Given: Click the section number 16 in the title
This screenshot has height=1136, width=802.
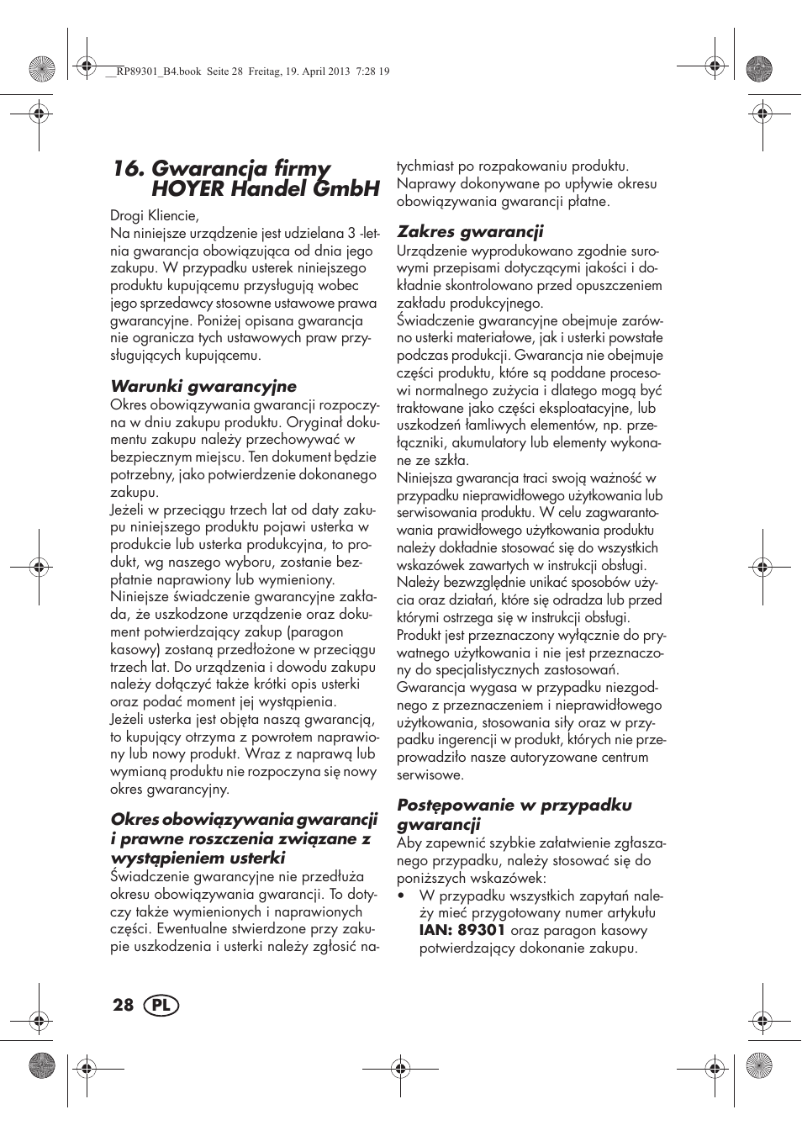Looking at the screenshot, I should coord(127,169).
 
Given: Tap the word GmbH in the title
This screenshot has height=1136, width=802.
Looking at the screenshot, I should coord(346,189).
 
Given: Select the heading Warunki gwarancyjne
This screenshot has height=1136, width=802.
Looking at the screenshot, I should coord(203,387).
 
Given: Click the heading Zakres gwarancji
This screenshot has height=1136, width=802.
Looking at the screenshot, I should coord(470,232).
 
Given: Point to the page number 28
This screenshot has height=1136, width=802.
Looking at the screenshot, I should coord(123,1006).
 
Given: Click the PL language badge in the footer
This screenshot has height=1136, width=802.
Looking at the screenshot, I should coord(161,1006).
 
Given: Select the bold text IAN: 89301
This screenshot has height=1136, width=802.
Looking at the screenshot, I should coord(462,931).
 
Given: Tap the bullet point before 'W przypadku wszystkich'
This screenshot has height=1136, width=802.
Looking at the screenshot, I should coord(401,896).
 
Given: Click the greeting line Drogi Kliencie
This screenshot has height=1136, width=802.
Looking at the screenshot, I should coord(155,216).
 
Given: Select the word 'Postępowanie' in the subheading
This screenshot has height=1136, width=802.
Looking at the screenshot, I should coord(454,806).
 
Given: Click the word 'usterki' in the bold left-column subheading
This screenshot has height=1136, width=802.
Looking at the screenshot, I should coord(258,859).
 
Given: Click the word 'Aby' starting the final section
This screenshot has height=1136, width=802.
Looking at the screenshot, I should coord(409,843).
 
